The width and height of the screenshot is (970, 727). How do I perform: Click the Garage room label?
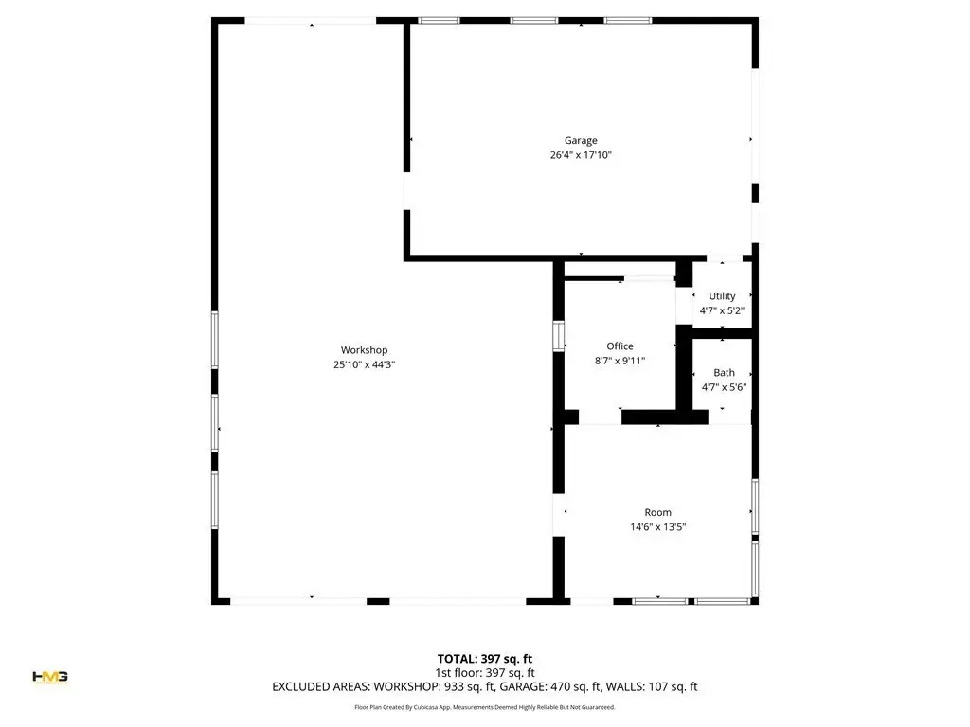(x=581, y=140)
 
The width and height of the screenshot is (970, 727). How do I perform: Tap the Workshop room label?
(x=364, y=350)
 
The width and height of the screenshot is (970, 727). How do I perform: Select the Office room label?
(x=620, y=346)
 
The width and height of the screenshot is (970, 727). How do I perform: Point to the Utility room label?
(x=722, y=296)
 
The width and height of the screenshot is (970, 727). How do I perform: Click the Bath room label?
(x=724, y=373)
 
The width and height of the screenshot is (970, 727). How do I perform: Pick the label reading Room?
(x=657, y=512)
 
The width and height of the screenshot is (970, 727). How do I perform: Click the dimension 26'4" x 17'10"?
(x=581, y=155)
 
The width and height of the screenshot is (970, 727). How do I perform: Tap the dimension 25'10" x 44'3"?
(x=364, y=364)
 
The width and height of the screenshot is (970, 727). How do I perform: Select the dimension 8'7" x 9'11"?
(x=620, y=361)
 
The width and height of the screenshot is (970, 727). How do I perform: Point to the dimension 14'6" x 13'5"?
(x=657, y=527)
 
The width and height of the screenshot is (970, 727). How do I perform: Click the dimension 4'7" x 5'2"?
(x=722, y=310)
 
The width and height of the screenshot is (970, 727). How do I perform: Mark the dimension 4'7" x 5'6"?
(x=724, y=387)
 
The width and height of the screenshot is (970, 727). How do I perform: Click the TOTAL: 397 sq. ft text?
(x=484, y=659)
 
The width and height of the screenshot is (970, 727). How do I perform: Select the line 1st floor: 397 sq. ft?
(x=484, y=673)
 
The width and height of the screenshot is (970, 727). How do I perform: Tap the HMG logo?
(x=50, y=677)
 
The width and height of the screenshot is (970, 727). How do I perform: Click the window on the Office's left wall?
(x=558, y=336)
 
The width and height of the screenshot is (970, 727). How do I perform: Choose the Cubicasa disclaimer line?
(x=484, y=707)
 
